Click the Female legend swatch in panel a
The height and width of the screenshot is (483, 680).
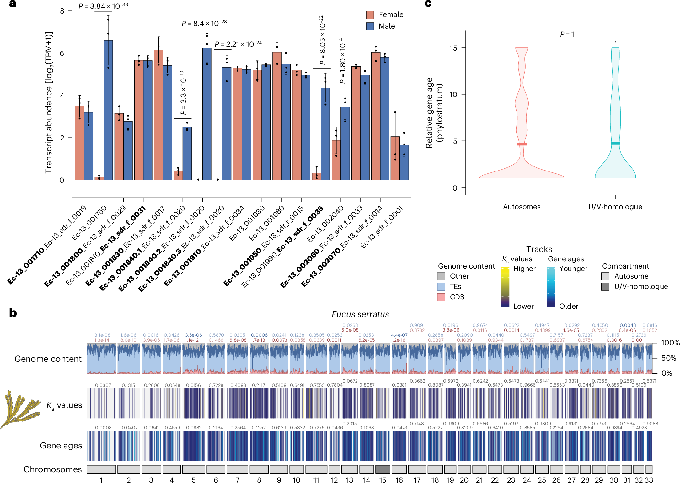tap(370, 15)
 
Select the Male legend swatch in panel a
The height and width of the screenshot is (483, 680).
tap(370, 26)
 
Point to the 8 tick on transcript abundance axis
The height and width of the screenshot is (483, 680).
tap(62, 11)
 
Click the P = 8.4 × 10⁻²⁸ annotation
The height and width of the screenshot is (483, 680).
tap(204, 23)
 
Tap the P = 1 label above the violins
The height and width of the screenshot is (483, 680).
tap(567, 34)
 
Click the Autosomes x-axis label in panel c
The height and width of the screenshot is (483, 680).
tap(522, 207)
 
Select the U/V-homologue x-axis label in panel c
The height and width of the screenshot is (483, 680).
tap(615, 207)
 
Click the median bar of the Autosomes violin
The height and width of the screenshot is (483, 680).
tap(522, 144)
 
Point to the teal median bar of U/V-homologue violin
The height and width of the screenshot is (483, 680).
tap(615, 144)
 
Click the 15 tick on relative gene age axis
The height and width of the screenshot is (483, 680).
tap(453, 48)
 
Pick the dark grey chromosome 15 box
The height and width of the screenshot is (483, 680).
tap(383, 469)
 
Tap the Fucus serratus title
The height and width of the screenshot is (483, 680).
tap(360, 314)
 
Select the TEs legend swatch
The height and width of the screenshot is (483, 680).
tap(441, 286)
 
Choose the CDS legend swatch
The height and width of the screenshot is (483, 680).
tap(441, 297)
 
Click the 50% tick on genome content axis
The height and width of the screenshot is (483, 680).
tap(668, 358)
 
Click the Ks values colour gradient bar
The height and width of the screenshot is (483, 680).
tap(505, 286)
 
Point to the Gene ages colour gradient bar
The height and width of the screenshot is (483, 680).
tap(551, 286)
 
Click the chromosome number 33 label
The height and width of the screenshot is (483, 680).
tap(649, 480)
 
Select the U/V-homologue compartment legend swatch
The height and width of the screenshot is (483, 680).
tap(605, 286)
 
